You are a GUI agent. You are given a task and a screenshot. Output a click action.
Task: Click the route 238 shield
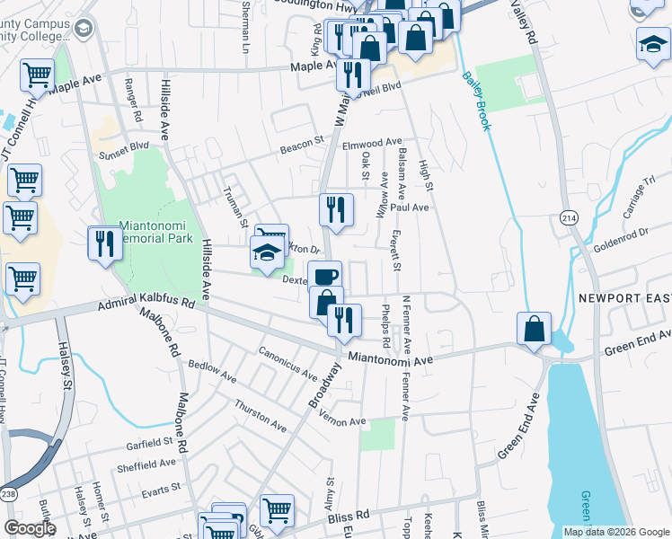pyautogui.click(x=8, y=493)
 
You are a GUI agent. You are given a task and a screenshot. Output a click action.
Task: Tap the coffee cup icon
pyautogui.click(x=324, y=275)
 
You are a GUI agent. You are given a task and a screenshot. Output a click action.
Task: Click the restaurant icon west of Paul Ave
pyautogui.click(x=336, y=210)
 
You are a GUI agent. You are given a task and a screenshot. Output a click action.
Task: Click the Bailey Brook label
pyautogui.click(x=476, y=102)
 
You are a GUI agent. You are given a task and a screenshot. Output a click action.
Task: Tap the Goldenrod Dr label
pyautogui.click(x=620, y=235)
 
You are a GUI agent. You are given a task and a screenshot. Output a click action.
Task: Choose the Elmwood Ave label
pyautogui.click(x=372, y=144)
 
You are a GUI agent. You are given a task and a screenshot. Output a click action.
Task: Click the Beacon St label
pyautogui.click(x=301, y=142)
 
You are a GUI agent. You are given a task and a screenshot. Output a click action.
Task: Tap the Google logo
pyautogui.click(x=31, y=527)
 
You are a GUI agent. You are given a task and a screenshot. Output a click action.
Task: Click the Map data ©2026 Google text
pyautogui.click(x=615, y=532)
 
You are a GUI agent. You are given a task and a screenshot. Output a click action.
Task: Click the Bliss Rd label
pyautogui.click(x=349, y=517)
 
